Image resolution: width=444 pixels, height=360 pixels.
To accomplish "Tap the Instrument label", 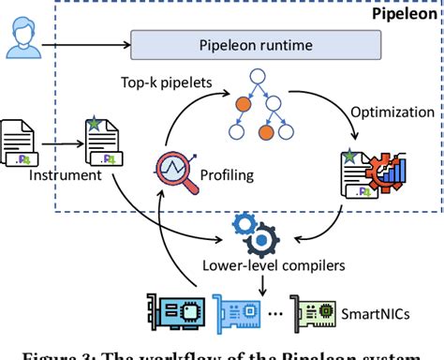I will click(x=39, y=174).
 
